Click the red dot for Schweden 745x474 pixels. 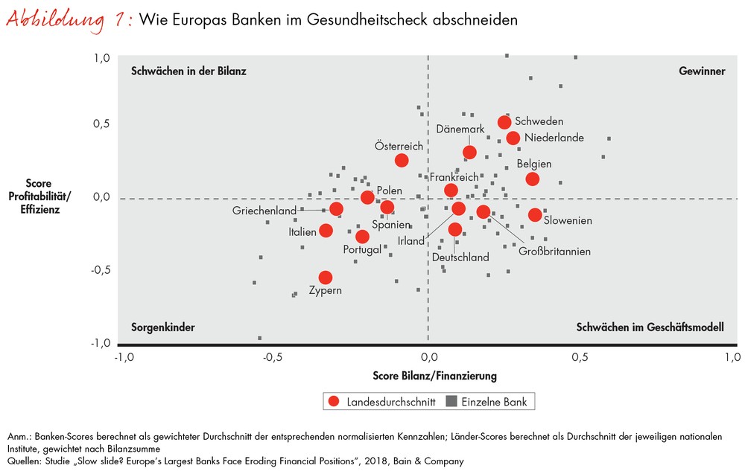(x=504, y=122)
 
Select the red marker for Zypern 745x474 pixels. (x=326, y=278)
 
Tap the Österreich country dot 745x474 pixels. (x=402, y=160)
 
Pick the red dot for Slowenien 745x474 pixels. (x=535, y=215)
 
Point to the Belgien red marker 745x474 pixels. (x=532, y=179)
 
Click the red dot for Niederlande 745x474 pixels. (x=513, y=138)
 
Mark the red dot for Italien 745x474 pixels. (x=326, y=231)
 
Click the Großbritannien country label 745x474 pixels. (x=554, y=252)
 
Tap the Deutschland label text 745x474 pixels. (x=460, y=257)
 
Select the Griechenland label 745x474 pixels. (x=264, y=211)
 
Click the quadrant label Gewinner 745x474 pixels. (x=702, y=71)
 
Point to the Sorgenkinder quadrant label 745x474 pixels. (x=162, y=327)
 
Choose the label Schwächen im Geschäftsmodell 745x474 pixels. (x=650, y=327)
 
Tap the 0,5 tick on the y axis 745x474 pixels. (x=101, y=123)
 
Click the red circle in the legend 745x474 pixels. (x=333, y=402)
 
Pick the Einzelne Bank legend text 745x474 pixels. (x=494, y=402)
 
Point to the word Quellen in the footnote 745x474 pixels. (x=24, y=461)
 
